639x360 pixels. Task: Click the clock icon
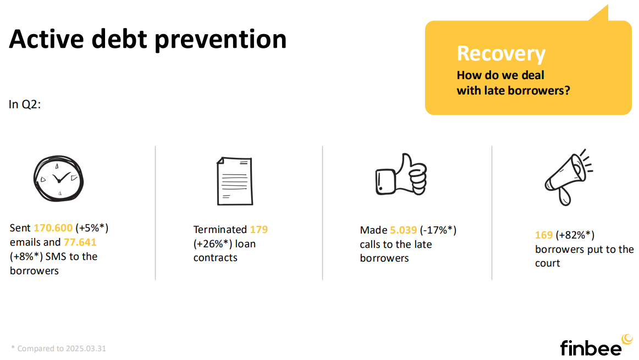tap(58, 179)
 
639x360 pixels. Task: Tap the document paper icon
tap(235, 181)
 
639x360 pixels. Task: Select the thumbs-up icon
tap(401, 174)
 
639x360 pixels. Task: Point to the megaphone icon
tap(569, 177)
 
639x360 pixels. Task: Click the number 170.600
tap(53, 228)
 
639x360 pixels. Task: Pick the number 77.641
tap(80, 242)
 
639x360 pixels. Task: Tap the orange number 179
tap(259, 230)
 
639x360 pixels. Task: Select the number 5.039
tap(404, 230)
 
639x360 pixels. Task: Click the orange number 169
tap(544, 235)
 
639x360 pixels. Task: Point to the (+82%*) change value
tap(575, 235)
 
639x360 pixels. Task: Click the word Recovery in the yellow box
tap(501, 54)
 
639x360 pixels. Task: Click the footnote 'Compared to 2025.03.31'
tap(62, 348)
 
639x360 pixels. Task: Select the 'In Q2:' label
tap(25, 104)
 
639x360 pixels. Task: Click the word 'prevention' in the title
tap(221, 40)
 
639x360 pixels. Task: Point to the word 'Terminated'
tap(220, 230)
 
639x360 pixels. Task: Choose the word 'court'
tap(547, 263)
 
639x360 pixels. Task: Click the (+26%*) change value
tap(212, 244)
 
